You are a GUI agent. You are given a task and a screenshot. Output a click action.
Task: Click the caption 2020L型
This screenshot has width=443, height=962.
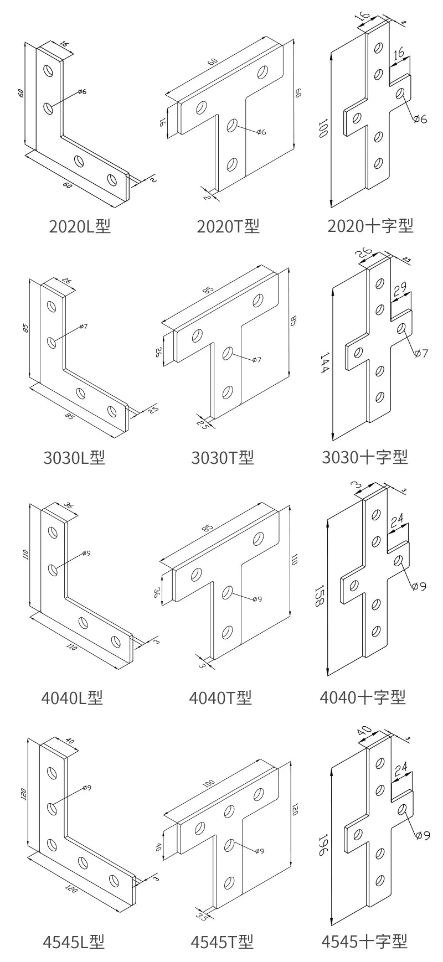point(80,226)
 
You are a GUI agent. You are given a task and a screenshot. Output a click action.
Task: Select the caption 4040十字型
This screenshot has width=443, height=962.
point(363,697)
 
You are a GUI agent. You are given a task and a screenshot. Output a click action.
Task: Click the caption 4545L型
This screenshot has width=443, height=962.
point(74,942)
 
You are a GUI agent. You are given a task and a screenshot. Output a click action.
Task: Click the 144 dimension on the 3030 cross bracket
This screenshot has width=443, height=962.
point(324,363)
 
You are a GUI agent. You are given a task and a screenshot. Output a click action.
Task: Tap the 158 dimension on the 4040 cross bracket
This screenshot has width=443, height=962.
point(319,596)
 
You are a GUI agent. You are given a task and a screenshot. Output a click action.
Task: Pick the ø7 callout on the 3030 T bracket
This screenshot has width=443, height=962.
point(256,360)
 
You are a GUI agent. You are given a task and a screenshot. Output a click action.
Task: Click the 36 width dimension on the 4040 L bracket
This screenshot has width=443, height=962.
point(69,506)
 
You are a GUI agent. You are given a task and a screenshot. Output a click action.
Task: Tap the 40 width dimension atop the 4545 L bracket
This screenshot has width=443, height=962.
point(70,741)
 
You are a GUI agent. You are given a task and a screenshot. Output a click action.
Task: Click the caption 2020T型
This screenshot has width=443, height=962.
point(228,226)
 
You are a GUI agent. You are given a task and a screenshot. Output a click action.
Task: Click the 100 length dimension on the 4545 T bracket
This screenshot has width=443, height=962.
point(208,784)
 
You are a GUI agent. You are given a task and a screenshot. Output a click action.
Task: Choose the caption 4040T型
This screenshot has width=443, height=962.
point(220,698)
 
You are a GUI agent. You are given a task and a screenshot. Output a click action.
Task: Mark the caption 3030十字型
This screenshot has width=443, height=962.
point(365,457)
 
